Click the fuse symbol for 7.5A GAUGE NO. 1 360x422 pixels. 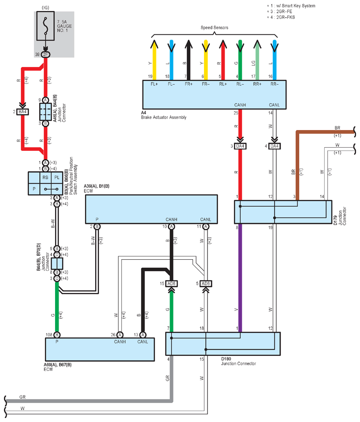pyautogui.click(x=45, y=26)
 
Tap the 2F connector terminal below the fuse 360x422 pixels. pyautogui.click(x=45, y=54)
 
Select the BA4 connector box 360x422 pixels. pyautogui.click(x=22, y=112)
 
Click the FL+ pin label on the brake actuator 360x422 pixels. pyautogui.click(x=154, y=84)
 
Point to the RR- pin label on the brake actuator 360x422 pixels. pyautogui.click(x=275, y=84)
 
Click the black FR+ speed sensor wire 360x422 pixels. pyautogui.click(x=189, y=60)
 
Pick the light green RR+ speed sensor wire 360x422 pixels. pyautogui.click(x=257, y=60)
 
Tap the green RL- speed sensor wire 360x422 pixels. pyautogui.click(x=240, y=60)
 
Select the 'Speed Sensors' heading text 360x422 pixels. pyautogui.click(x=214, y=27)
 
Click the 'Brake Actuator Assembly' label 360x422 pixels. pyautogui.click(x=164, y=117)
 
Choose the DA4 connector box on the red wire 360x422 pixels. pyautogui.click(x=240, y=146)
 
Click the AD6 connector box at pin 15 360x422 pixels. pyautogui.click(x=171, y=284)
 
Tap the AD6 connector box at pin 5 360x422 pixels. pyautogui.click(x=206, y=284)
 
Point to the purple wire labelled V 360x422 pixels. pyautogui.click(x=240, y=278)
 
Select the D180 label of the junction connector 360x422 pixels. pyautogui.click(x=226, y=359)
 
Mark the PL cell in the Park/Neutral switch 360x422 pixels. pyautogui.click(x=57, y=178)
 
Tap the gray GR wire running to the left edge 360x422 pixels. pyautogui.click(x=89, y=401)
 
